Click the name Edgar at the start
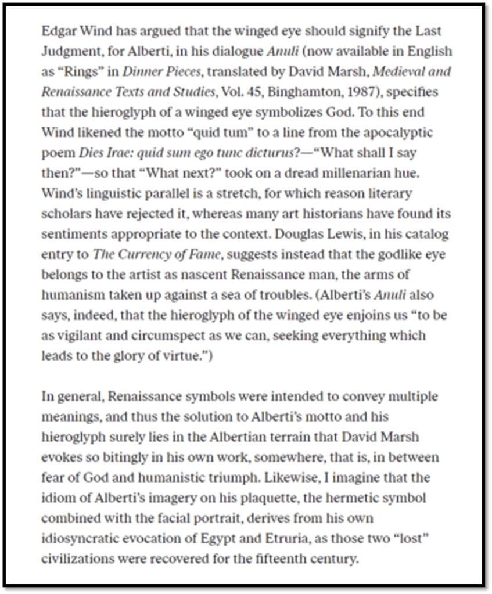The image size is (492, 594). [x=56, y=31]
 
